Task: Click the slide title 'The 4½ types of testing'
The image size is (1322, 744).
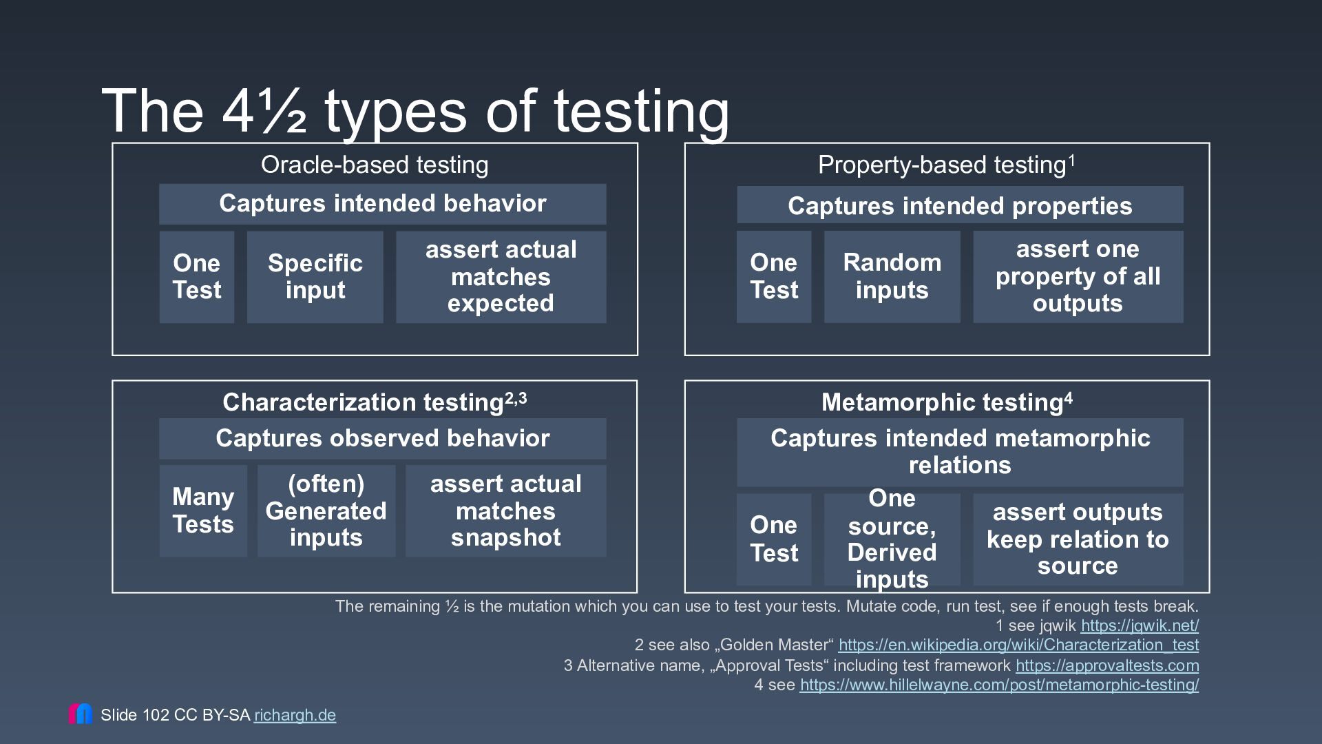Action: click(x=415, y=111)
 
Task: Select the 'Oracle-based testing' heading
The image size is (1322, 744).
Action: click(x=375, y=165)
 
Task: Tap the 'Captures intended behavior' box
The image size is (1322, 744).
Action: click(x=383, y=204)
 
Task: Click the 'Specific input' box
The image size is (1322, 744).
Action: click(x=315, y=277)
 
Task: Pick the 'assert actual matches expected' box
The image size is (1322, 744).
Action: click(x=501, y=277)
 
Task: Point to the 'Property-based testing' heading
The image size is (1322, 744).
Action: click(x=947, y=165)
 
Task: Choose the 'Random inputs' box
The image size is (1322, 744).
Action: click(x=892, y=277)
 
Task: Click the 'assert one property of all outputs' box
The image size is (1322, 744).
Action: click(x=1078, y=277)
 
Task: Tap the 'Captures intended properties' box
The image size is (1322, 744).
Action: click(x=961, y=205)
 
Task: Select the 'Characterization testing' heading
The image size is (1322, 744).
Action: click(x=375, y=402)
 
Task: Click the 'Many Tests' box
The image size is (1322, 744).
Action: click(x=203, y=511)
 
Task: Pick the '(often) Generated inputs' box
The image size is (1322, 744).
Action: click(x=326, y=511)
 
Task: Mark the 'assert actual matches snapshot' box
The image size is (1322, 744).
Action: click(x=506, y=511)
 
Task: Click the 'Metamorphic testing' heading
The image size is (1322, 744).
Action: click(x=947, y=402)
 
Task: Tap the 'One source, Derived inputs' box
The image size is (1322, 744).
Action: click(x=892, y=539)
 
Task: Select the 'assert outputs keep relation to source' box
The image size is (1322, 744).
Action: click(x=1078, y=539)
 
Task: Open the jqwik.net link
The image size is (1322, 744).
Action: click(x=1140, y=626)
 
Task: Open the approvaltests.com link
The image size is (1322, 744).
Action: click(x=1107, y=665)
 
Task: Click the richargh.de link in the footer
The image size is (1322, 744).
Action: click(x=295, y=715)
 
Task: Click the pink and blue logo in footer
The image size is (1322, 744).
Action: click(x=81, y=714)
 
